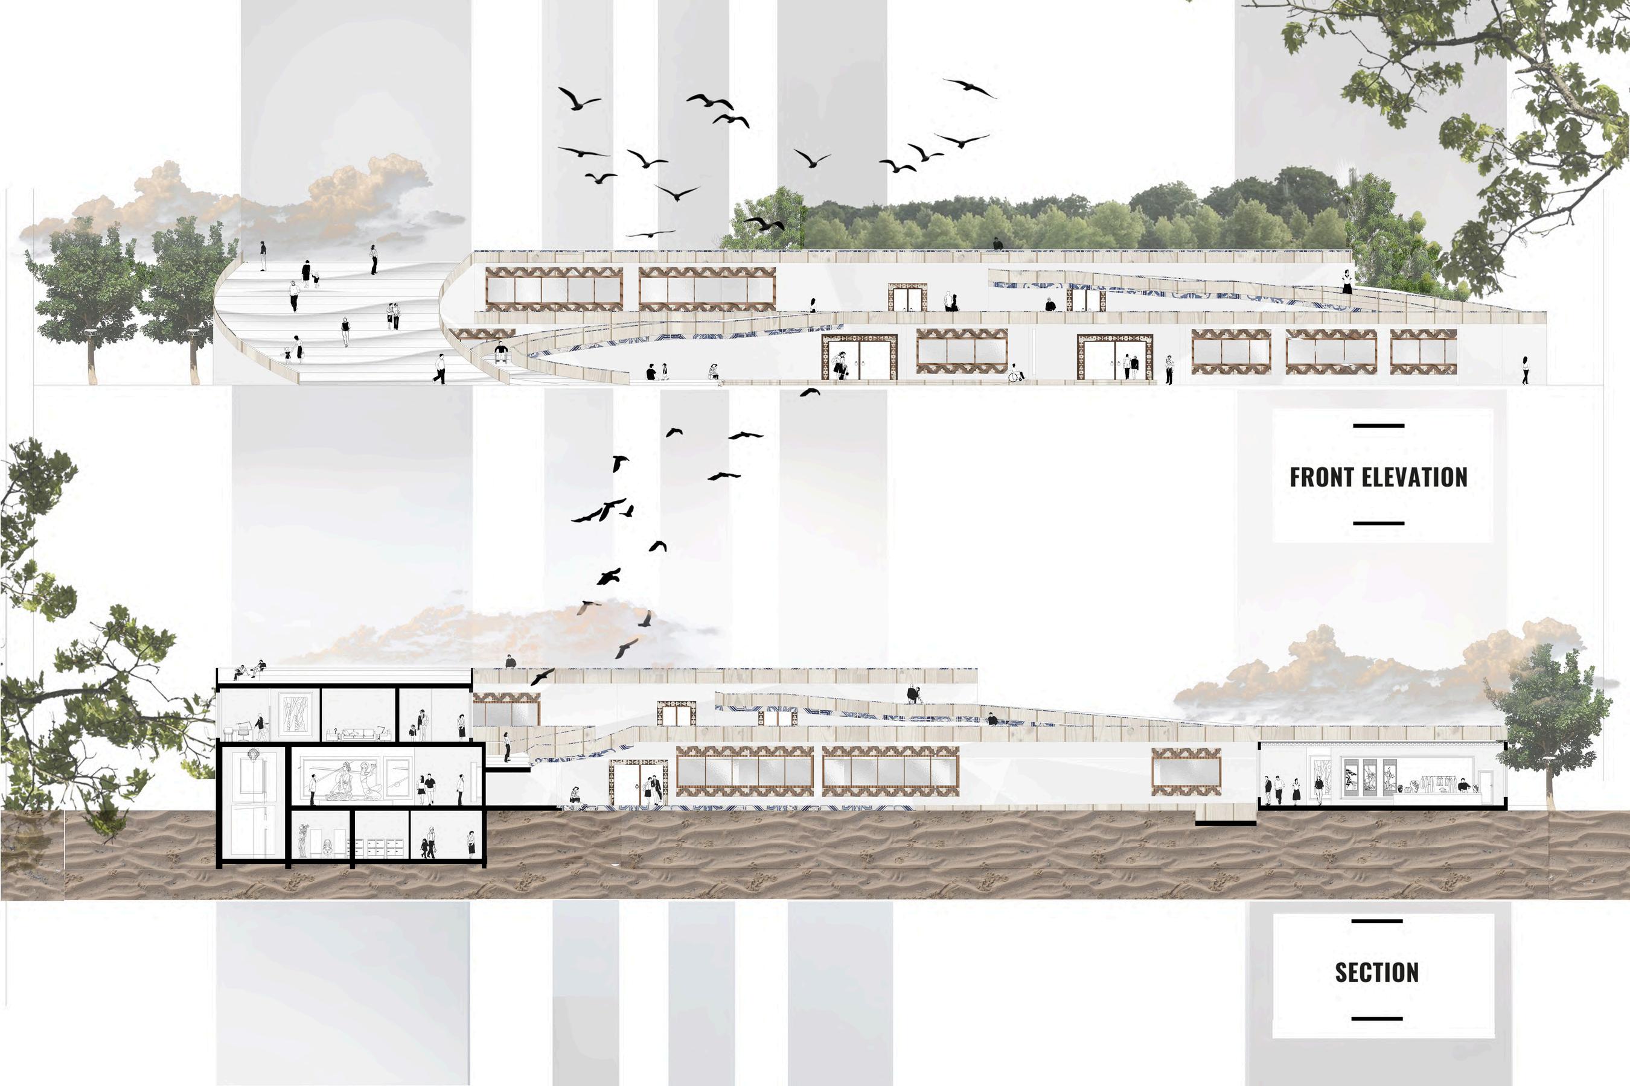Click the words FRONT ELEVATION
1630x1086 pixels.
pos(1378,477)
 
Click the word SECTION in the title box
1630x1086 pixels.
pos(1376,973)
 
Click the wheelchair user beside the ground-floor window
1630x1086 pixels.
pos(1015,373)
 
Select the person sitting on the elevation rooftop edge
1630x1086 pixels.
pos(997,243)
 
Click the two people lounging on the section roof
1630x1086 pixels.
pos(249,670)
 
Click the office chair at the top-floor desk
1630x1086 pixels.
pos(244,731)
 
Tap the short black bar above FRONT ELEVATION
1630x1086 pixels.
pos(1378,426)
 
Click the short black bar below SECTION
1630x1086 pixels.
pos(1378,1019)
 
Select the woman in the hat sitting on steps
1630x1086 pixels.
pos(713,372)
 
